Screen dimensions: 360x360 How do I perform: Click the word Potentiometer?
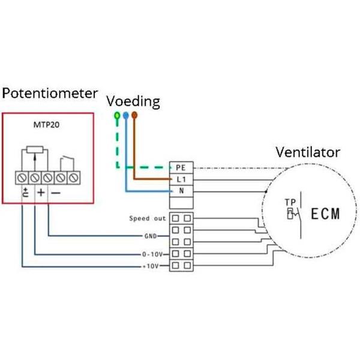click(49, 94)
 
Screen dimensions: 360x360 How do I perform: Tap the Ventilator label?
click(308, 151)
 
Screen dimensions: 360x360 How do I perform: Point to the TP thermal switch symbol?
click(290, 211)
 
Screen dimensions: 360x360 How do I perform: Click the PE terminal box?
click(181, 167)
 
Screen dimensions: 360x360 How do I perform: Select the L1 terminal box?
click(181, 179)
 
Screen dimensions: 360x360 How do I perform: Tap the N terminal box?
click(181, 191)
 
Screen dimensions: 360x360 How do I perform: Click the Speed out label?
click(147, 218)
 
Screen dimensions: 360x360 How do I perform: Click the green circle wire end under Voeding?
click(116, 114)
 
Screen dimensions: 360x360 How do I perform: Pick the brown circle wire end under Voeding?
click(134, 114)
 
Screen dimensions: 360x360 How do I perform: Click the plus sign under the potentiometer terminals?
click(40, 193)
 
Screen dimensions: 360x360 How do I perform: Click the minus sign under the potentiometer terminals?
click(55, 193)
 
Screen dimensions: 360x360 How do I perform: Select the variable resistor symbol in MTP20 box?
click(34, 149)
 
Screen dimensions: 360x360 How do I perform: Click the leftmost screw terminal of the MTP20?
click(24, 178)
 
